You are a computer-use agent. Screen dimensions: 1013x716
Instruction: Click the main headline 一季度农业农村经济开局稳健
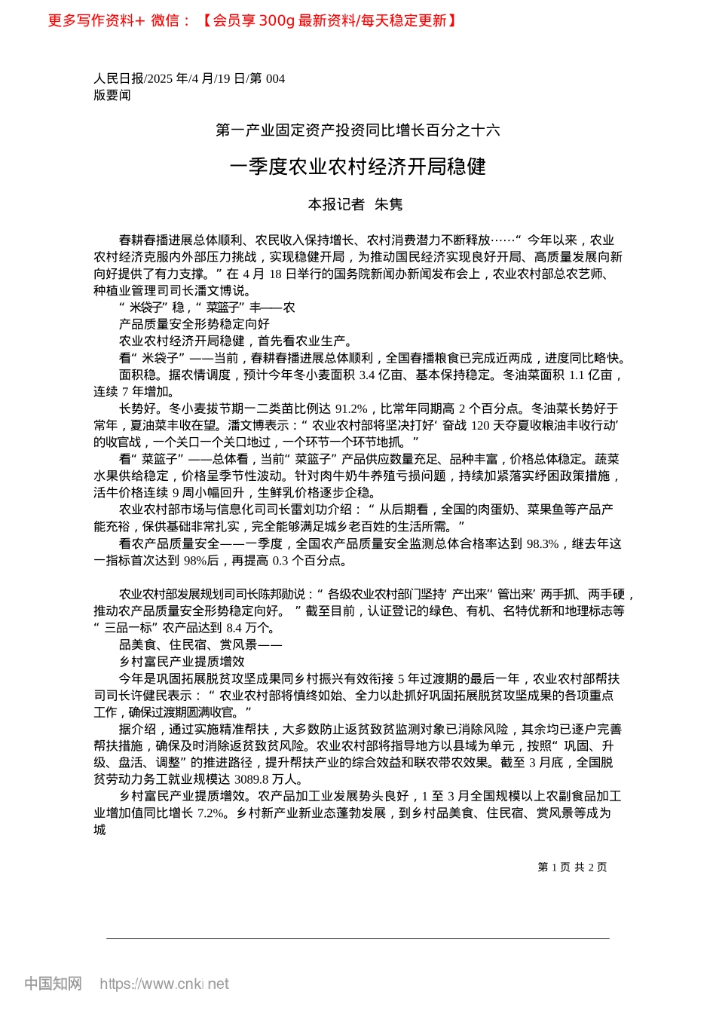tap(358, 167)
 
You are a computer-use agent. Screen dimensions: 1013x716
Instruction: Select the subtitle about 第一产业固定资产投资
tap(358, 130)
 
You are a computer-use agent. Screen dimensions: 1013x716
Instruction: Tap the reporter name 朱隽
tap(389, 204)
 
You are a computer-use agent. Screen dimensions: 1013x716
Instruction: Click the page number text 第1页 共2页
tap(572, 868)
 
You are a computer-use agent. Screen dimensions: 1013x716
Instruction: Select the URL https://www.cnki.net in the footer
tap(164, 984)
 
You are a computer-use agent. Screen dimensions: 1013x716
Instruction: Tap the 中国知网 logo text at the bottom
tap(53, 984)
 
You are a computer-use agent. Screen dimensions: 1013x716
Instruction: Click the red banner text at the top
tap(252, 20)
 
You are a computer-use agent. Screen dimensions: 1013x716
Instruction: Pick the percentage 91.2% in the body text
tap(351, 409)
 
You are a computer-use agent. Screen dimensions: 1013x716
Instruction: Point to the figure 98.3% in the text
tap(542, 543)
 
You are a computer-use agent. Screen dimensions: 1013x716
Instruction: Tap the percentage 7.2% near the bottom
tap(210, 813)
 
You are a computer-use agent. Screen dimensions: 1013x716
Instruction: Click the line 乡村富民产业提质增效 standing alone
tap(182, 661)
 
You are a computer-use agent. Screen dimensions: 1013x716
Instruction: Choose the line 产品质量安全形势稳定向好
tap(194, 324)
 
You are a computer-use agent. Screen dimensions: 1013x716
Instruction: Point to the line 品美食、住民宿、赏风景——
tap(200, 644)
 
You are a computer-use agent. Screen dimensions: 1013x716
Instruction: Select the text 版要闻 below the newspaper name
tap(112, 95)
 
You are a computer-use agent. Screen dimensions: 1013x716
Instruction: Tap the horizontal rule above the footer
tap(358, 938)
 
